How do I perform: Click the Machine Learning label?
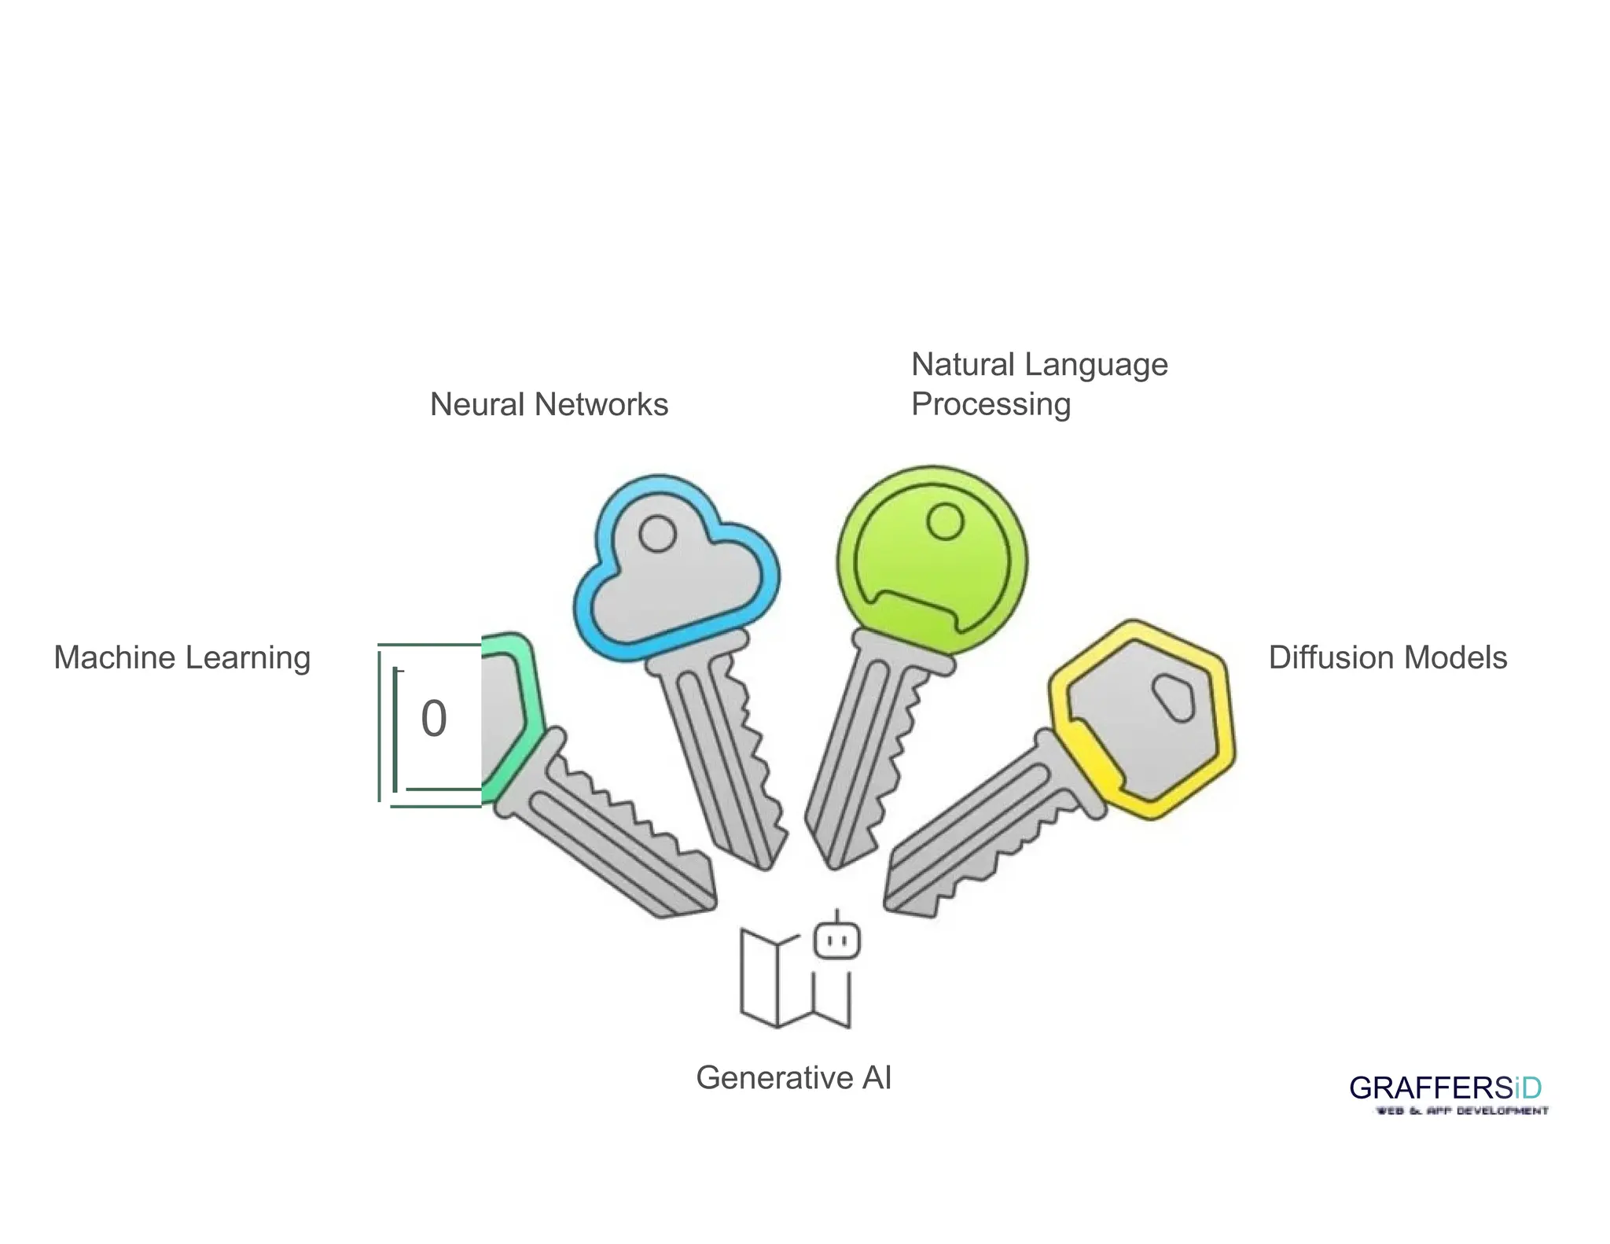coord(182,658)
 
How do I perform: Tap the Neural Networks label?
coord(549,405)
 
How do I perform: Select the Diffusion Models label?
coord(1388,658)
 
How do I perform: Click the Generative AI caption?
coord(793,1077)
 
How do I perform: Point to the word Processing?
coord(991,405)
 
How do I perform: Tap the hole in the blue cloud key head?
coord(657,534)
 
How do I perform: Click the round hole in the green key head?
coord(945,521)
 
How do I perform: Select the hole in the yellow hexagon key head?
coord(1174,696)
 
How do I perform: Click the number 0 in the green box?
coord(434,719)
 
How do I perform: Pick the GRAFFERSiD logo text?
coord(1445,1088)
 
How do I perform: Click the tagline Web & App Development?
coord(1461,1111)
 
